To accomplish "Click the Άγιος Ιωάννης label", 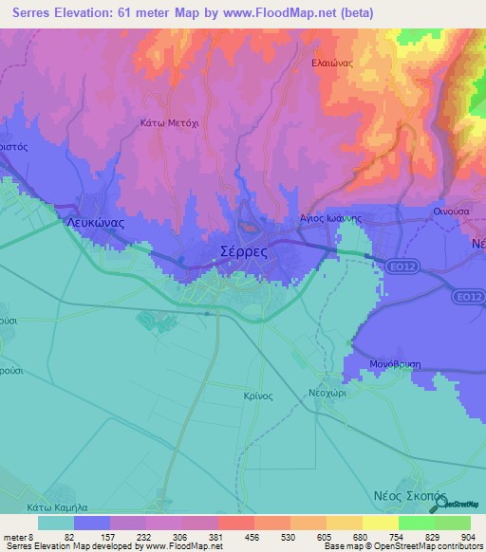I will (x=332, y=217).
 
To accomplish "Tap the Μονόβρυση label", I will (x=396, y=363).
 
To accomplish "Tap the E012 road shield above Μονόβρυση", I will (x=464, y=297).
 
